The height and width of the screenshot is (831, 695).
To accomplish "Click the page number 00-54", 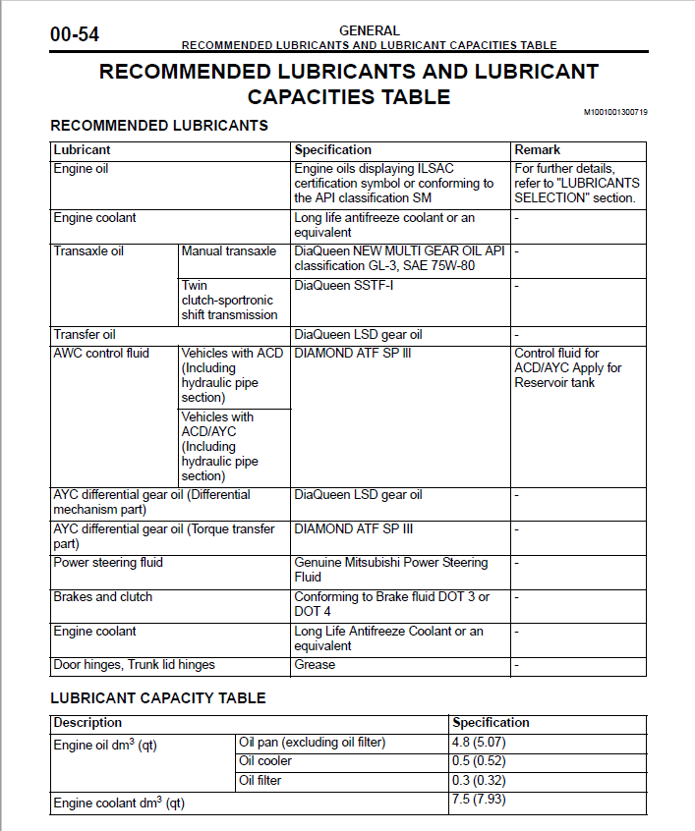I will [x=75, y=35].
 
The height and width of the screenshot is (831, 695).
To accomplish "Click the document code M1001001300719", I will [x=615, y=112].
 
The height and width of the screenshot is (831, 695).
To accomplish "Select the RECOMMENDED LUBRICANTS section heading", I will [x=159, y=126].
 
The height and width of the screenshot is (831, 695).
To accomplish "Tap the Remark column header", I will [x=537, y=150].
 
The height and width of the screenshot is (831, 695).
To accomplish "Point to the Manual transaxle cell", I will [x=229, y=251].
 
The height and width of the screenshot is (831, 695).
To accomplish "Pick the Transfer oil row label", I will [x=85, y=335].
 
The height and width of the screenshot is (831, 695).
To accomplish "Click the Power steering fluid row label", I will [x=108, y=563].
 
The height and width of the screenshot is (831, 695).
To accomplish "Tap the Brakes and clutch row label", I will [x=102, y=597].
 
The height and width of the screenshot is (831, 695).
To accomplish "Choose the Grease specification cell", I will [x=315, y=665].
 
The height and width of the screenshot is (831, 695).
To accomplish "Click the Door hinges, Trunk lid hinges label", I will [x=134, y=665].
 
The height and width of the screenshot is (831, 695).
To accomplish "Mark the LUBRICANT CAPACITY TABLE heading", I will [x=158, y=698].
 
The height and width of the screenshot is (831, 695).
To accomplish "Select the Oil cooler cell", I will [x=265, y=761].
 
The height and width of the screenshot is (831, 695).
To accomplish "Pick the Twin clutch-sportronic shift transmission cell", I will [x=229, y=301].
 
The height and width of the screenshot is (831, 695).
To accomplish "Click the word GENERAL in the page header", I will [x=369, y=31].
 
